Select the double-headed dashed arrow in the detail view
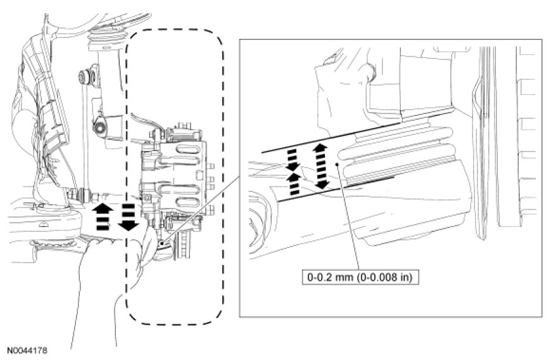pyautogui.click(x=320, y=166)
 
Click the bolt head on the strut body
pyautogui.click(x=99, y=127)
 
